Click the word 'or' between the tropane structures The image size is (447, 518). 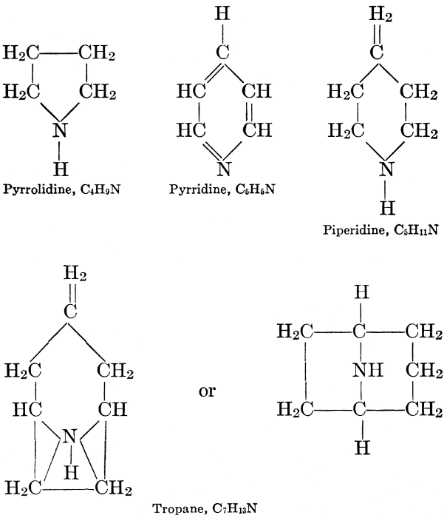(x=208, y=391)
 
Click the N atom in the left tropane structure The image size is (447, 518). (x=69, y=437)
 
